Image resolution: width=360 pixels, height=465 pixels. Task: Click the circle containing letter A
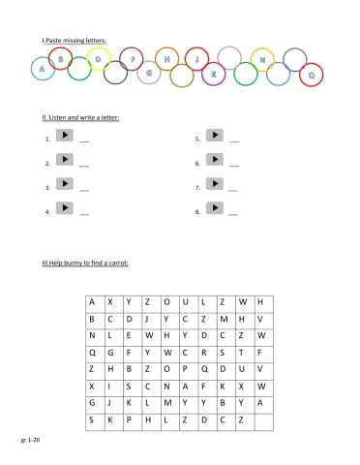pyautogui.click(x=42, y=69)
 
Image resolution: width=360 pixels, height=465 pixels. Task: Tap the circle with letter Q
pyautogui.click(x=312, y=74)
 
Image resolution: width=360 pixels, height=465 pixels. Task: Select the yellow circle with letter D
pyautogui.click(x=98, y=60)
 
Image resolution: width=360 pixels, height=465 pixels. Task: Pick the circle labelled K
pyautogui.click(x=215, y=71)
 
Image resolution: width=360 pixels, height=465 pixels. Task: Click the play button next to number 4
pyautogui.click(x=63, y=207)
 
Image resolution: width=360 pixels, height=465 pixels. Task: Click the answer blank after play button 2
pyautogui.click(x=84, y=166)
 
